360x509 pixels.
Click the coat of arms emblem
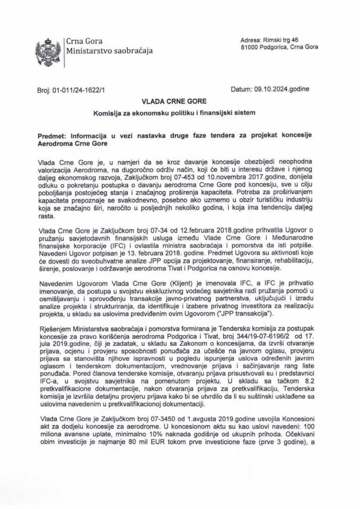pos(47,47)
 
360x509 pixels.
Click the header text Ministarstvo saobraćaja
pos(109,51)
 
